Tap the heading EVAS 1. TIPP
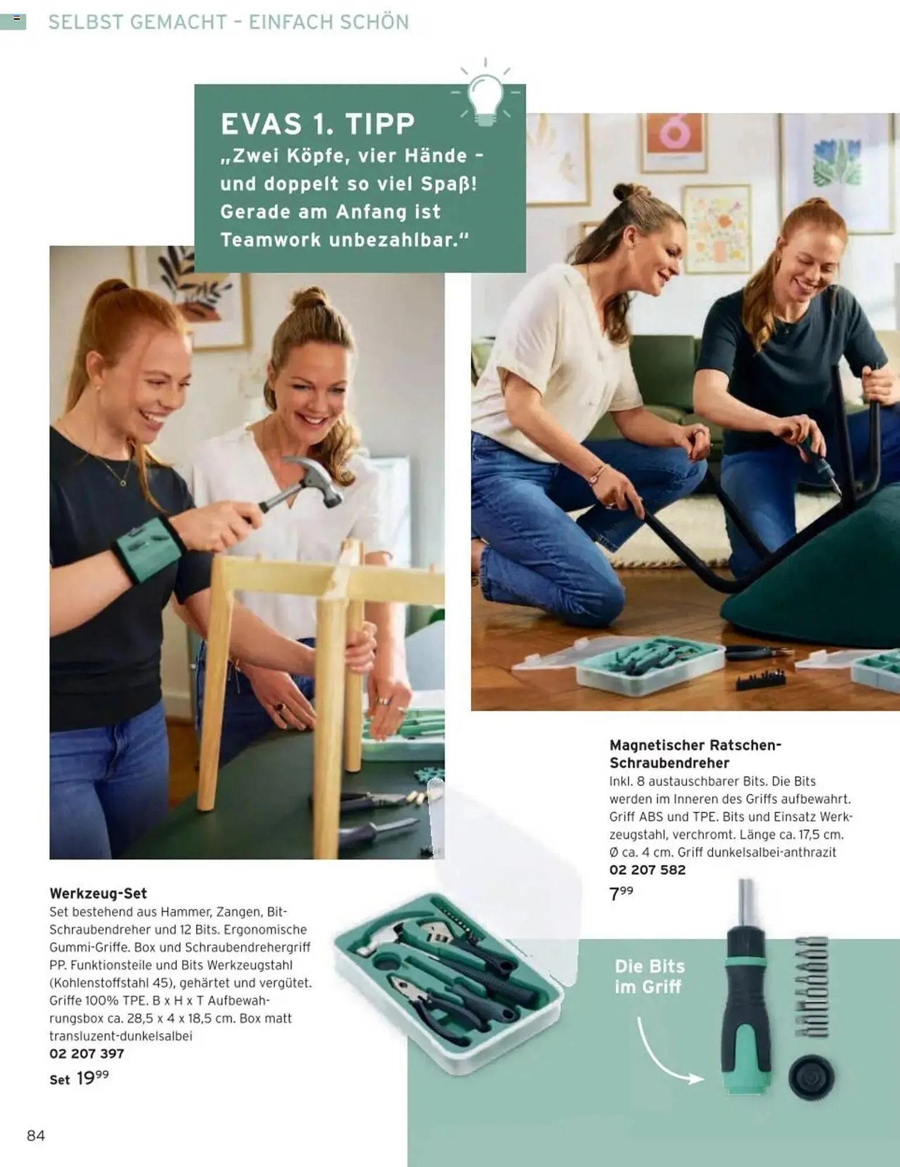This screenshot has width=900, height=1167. pos(318,124)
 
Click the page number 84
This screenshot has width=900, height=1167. pos(36,1135)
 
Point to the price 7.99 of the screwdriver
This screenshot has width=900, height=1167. pos(621,893)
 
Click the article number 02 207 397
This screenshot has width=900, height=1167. pos(87,1053)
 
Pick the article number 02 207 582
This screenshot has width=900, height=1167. pos(647,869)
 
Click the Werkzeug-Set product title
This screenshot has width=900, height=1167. pos(98,893)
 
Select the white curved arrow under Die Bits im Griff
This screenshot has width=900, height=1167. pos(665,1050)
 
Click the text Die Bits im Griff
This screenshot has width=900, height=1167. pos(649,976)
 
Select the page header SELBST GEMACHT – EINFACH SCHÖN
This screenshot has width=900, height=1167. pos(229,22)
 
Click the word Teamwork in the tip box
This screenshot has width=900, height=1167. pos(271,240)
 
